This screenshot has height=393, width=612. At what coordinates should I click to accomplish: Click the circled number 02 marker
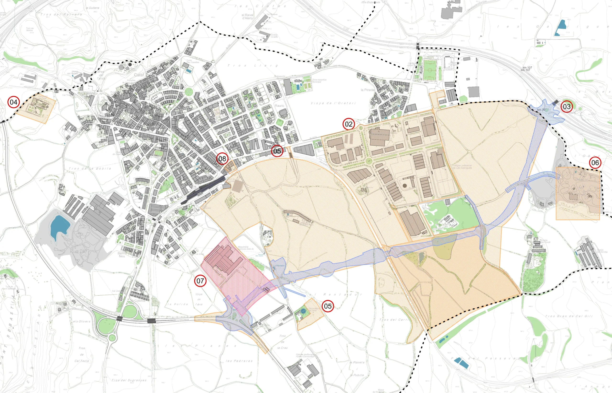349,124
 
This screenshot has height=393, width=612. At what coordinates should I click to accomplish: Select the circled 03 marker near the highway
567,106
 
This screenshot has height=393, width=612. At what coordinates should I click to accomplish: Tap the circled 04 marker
14,102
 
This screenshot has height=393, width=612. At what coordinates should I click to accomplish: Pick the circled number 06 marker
595,163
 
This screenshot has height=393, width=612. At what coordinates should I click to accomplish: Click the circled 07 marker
200,281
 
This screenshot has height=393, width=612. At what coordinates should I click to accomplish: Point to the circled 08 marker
222,159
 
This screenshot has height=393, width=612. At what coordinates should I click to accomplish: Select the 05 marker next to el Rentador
328,306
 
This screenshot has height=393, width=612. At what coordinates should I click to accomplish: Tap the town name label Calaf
139,75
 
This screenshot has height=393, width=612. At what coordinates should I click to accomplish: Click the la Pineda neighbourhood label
367,90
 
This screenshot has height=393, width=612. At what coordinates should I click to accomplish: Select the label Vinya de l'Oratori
333,103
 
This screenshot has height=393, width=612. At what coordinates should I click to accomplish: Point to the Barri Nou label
122,255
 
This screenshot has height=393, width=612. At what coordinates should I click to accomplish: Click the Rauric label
279,106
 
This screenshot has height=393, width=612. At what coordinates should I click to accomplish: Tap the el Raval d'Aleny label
247,17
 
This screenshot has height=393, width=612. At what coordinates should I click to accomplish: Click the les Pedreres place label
239,361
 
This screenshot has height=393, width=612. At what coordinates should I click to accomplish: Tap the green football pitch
429,70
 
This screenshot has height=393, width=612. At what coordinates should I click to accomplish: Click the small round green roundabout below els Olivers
112,338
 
